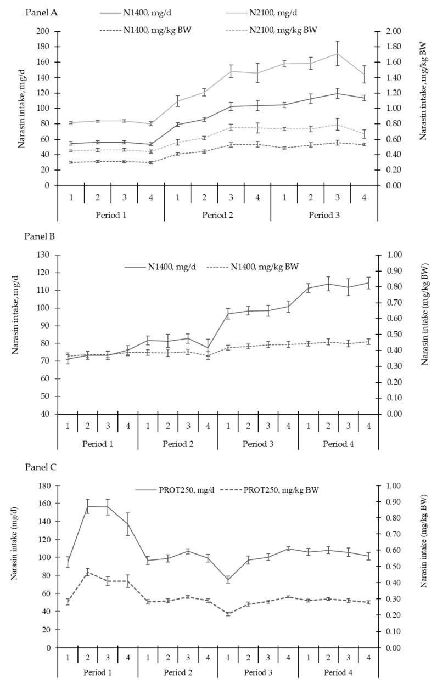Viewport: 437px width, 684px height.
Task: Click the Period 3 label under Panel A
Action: (x=324, y=216)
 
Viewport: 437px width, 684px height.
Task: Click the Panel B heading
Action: (x=40, y=237)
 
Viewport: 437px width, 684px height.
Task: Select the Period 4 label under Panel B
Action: (x=338, y=443)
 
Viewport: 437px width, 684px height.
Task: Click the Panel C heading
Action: (x=40, y=467)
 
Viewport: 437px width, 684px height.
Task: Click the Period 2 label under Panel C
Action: (x=177, y=672)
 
